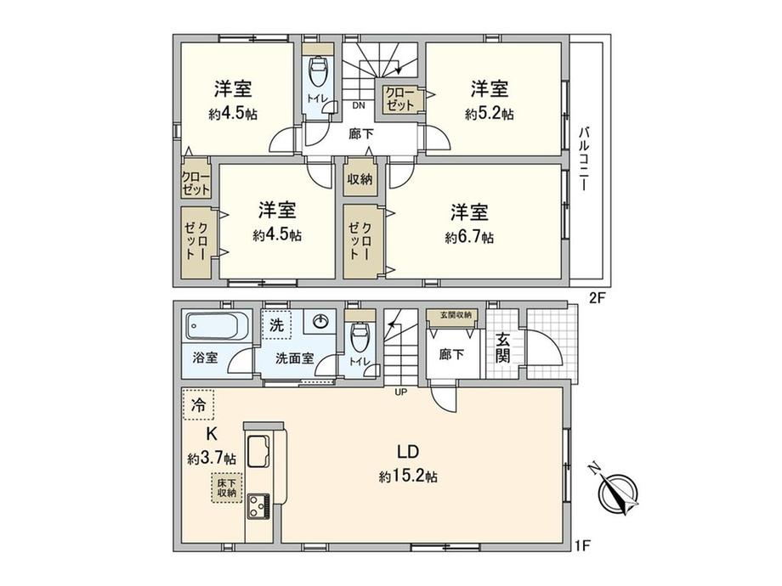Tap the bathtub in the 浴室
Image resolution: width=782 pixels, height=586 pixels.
tap(217, 326)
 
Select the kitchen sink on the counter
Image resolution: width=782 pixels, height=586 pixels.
tap(258, 450)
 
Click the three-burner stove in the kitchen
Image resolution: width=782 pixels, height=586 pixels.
tap(258, 506)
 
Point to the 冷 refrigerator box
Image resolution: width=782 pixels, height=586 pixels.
tap(199, 404)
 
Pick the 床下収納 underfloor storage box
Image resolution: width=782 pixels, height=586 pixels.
tap(226, 487)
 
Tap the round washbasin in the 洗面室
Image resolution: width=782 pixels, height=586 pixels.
tap(320, 322)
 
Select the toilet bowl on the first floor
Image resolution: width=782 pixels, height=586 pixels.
tap(359, 337)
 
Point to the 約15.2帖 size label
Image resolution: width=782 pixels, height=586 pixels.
tap(408, 477)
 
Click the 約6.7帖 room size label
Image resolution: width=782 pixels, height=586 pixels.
tap(469, 237)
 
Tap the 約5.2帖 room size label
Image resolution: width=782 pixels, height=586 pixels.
tap(490, 114)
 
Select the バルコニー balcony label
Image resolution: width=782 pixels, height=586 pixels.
tap(584, 160)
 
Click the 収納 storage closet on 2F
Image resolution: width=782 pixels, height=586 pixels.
tap(360, 177)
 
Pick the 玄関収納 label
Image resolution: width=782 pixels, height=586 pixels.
tap(452, 315)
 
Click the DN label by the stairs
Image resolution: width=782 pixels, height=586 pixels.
tap(359, 105)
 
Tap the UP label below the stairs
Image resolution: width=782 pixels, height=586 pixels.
tap(401, 392)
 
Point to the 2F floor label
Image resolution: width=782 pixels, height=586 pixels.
tap(597, 298)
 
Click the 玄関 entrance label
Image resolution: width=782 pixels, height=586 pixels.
tap(502, 347)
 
